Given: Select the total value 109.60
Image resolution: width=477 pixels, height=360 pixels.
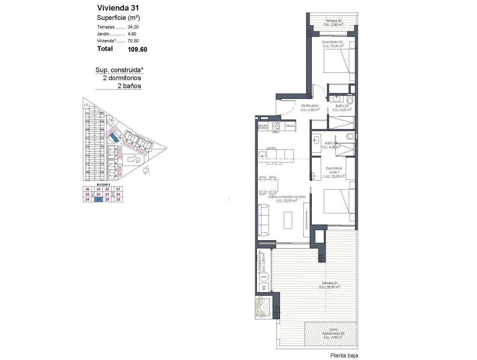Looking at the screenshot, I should coord(137,49).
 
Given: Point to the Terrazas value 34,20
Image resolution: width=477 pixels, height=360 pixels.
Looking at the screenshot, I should coord(133,27).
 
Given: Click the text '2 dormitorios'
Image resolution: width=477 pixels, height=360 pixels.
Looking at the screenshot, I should coord(122,78).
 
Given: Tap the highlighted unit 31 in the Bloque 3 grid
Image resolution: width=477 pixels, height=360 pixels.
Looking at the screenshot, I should coord(99,200).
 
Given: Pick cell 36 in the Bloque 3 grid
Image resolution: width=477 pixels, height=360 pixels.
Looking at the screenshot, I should coord(87,189).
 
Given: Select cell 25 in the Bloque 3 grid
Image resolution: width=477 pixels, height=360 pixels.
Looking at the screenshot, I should coord(118,200).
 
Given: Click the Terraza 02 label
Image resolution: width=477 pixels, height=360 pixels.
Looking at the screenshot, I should coord(333,21).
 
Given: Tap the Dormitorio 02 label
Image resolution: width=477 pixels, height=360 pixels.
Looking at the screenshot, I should coord(333,42).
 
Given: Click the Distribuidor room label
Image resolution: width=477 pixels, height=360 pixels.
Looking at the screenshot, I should coord(310,105).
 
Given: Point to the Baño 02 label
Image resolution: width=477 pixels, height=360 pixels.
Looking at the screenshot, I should coord(342,105).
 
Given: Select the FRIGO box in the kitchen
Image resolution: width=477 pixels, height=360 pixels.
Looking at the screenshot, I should coord(290,126).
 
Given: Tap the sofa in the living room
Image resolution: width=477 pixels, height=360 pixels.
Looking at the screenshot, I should coord(264,219).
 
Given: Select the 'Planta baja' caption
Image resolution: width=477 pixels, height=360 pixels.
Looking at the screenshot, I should coord(344,356).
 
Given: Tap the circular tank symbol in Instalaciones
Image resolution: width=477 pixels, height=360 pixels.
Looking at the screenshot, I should coord(264,277).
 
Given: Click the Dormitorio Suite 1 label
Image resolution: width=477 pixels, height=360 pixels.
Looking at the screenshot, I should coord(334,170).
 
